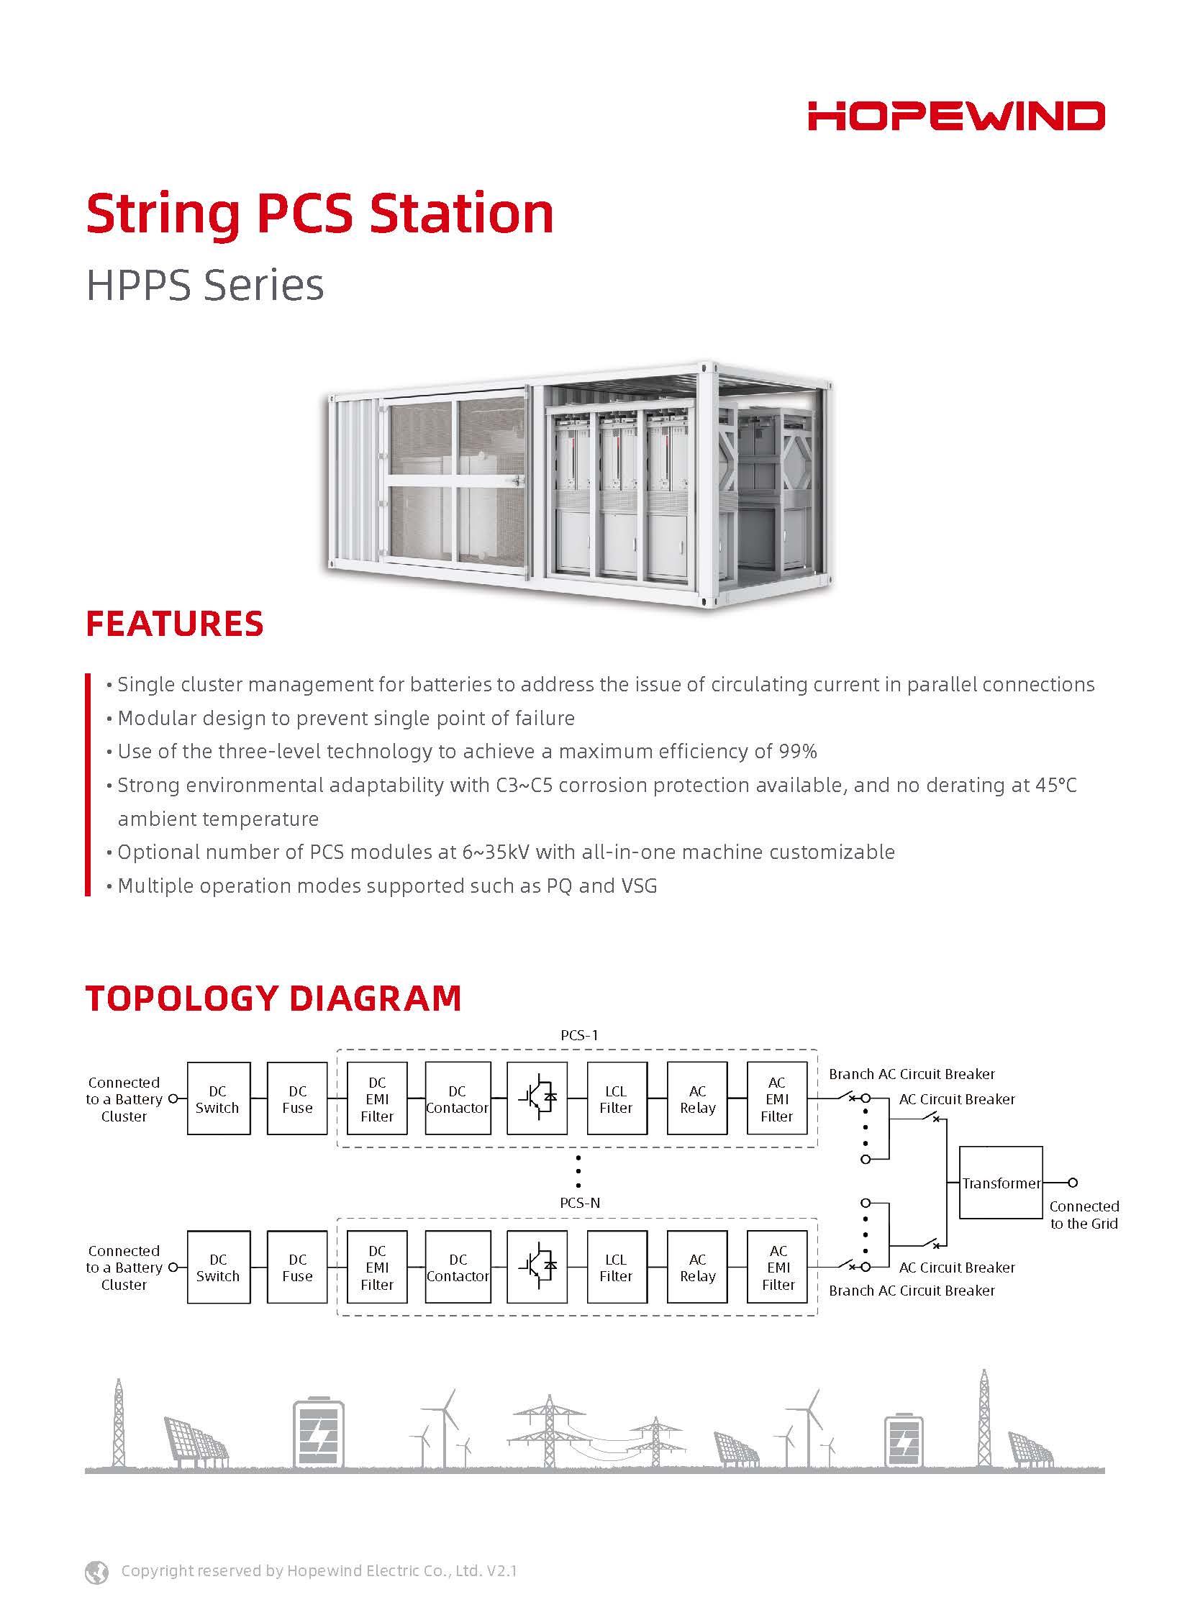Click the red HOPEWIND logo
pos(956,116)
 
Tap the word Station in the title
pos(461,214)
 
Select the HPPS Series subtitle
pos(204,285)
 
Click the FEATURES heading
pos(174,624)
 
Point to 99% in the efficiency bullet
pos(797,751)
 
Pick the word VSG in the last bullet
pos(637,886)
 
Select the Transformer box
pos(1001,1183)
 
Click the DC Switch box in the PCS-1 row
pos(218,1099)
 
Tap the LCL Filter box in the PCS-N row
pos(617,1267)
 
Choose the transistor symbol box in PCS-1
pos(537,1098)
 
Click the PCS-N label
pos(580,1202)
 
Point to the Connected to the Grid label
pos(1084,1214)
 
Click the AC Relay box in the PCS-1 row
pos(697,1099)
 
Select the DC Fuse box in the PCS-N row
pos(296,1267)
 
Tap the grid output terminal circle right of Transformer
pos(1073,1183)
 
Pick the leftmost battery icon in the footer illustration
pos(319,1434)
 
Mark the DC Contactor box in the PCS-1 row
pos(458,1099)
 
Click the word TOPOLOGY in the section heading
pos(181,998)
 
